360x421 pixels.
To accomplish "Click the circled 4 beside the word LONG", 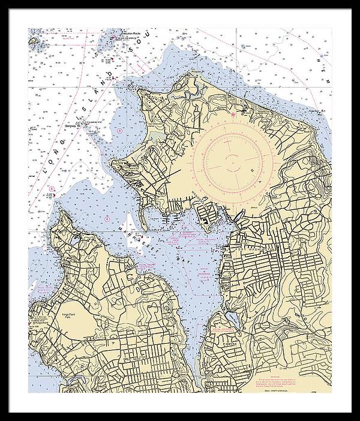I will (52, 188).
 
